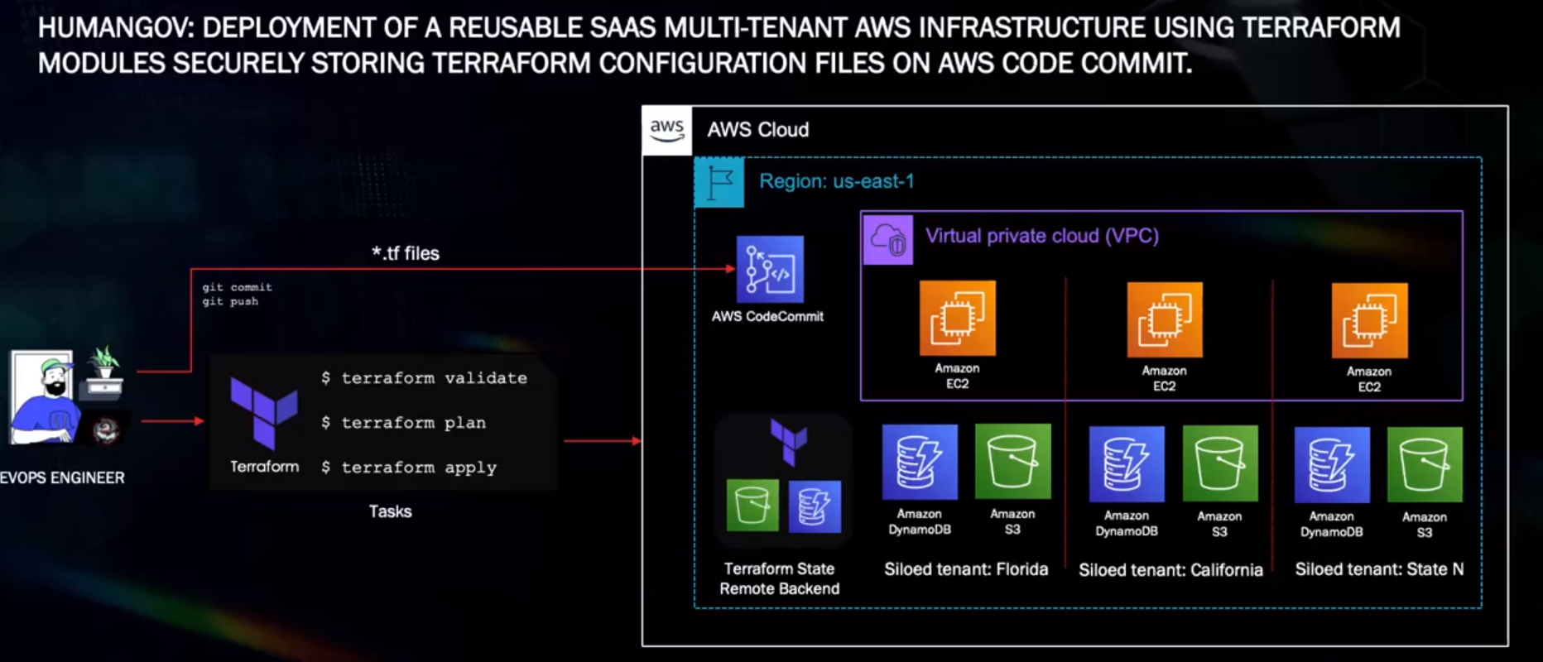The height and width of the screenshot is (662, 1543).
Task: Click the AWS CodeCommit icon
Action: [x=770, y=269]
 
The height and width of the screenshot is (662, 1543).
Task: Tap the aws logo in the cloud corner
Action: [x=666, y=130]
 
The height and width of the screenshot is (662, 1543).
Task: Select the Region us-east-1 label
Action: [x=837, y=181]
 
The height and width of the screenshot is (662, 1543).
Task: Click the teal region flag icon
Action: [x=719, y=183]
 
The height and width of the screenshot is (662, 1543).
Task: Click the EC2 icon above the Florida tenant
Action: [x=958, y=319]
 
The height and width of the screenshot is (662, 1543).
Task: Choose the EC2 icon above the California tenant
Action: [x=1165, y=319]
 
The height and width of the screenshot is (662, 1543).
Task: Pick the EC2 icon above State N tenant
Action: [x=1369, y=320]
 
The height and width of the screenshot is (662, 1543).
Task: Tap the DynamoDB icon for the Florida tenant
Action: [x=920, y=462]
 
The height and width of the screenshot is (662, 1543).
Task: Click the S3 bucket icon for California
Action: [x=1220, y=463]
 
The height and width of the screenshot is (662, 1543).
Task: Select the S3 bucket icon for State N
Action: [x=1425, y=464]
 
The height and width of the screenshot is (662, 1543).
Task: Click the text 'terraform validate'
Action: [x=435, y=378]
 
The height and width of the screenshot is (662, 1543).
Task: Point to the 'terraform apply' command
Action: [x=419, y=468]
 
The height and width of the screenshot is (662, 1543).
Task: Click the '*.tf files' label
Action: [x=406, y=253]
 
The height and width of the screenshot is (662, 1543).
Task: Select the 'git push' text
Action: [x=230, y=302]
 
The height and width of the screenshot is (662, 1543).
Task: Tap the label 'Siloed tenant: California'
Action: [x=1170, y=570]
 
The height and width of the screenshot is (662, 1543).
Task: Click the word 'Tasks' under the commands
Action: [x=390, y=511]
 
